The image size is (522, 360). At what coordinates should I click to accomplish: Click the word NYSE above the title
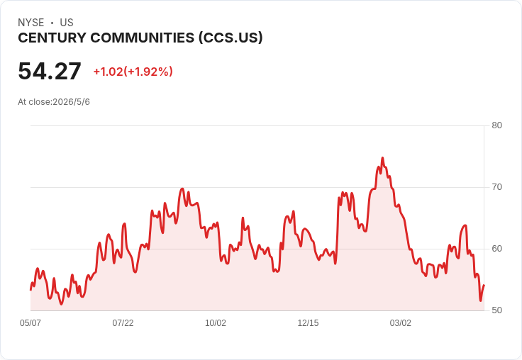pyautogui.click(x=31, y=23)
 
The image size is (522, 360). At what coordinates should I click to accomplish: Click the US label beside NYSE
pyautogui.click(x=67, y=23)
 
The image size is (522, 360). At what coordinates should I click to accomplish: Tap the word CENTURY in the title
pyautogui.click(x=52, y=38)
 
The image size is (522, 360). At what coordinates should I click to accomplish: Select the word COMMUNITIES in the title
pyautogui.click(x=143, y=38)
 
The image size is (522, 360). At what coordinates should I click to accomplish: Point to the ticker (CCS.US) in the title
pyautogui.click(x=231, y=38)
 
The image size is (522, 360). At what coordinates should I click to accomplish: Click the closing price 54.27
pyautogui.click(x=50, y=71)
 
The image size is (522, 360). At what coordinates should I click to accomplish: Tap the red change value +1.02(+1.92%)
pyautogui.click(x=133, y=72)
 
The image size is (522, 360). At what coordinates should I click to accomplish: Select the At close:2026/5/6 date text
pyautogui.click(x=54, y=102)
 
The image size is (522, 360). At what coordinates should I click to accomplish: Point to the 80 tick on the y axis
pyautogui.click(x=496, y=125)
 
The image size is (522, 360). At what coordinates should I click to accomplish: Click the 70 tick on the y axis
pyautogui.click(x=496, y=187)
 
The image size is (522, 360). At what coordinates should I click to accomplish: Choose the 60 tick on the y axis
pyautogui.click(x=496, y=249)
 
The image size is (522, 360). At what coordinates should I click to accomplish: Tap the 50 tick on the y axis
pyautogui.click(x=496, y=310)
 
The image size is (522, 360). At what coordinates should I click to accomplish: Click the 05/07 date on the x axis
pyautogui.click(x=30, y=323)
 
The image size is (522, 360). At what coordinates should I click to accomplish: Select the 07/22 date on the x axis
pyautogui.click(x=123, y=323)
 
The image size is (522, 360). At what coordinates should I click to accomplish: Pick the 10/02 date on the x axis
pyautogui.click(x=216, y=323)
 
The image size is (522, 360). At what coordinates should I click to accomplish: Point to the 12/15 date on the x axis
pyautogui.click(x=308, y=323)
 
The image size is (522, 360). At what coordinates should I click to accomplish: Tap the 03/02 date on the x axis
pyautogui.click(x=401, y=323)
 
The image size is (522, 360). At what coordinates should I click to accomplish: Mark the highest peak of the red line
pyautogui.click(x=382, y=158)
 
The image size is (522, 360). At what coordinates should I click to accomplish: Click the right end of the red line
pyautogui.click(x=484, y=285)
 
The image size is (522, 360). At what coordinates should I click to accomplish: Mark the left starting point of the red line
pyautogui.click(x=30, y=290)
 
